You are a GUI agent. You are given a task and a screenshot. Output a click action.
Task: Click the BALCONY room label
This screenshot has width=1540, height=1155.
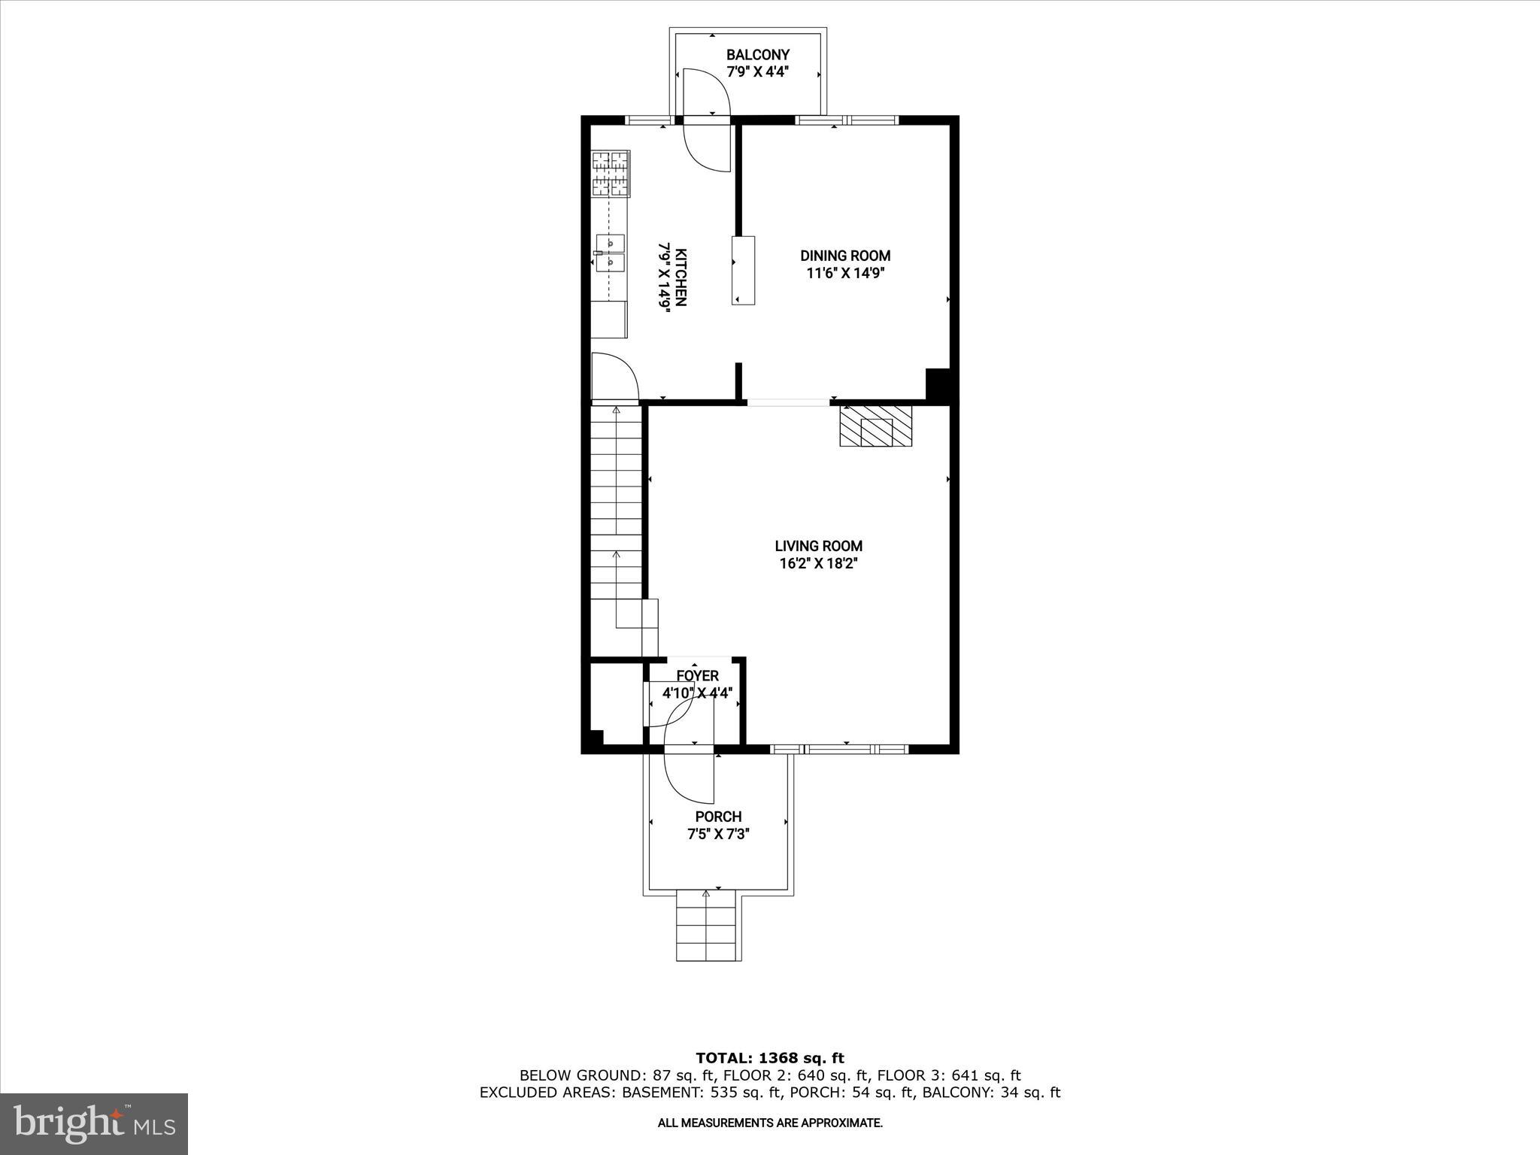click(x=757, y=55)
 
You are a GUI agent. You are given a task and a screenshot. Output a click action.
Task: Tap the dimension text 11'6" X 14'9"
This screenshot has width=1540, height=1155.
click(x=844, y=274)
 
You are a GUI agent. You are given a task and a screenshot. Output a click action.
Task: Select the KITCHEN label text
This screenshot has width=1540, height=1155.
click(x=681, y=277)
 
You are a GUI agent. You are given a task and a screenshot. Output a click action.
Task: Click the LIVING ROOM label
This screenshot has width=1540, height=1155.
click(x=818, y=546)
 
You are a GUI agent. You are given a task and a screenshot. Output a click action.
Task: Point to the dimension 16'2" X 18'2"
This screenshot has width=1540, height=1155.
click(x=818, y=564)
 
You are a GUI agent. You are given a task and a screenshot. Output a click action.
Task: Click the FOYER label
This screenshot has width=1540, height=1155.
click(x=697, y=676)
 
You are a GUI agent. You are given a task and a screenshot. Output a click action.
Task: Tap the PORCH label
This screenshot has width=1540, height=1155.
click(x=718, y=817)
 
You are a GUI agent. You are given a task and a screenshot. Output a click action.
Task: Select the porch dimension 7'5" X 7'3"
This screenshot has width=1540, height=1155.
click(x=718, y=834)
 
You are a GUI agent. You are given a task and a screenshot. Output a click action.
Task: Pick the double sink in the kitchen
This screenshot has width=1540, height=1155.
click(x=610, y=252)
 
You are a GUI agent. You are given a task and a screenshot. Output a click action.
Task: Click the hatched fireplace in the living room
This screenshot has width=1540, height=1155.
click(x=875, y=426)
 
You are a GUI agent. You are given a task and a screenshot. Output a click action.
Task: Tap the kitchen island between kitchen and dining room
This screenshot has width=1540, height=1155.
click(x=743, y=270)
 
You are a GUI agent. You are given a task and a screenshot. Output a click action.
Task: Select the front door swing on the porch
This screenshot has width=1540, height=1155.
click(x=689, y=775)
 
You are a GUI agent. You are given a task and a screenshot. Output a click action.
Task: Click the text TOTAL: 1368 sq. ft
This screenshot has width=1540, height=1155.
click(x=769, y=1059)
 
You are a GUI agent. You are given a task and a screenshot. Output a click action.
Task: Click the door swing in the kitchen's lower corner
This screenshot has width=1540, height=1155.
click(x=614, y=377)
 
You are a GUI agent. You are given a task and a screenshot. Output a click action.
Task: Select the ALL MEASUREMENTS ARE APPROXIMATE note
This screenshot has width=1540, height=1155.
click(x=769, y=1123)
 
